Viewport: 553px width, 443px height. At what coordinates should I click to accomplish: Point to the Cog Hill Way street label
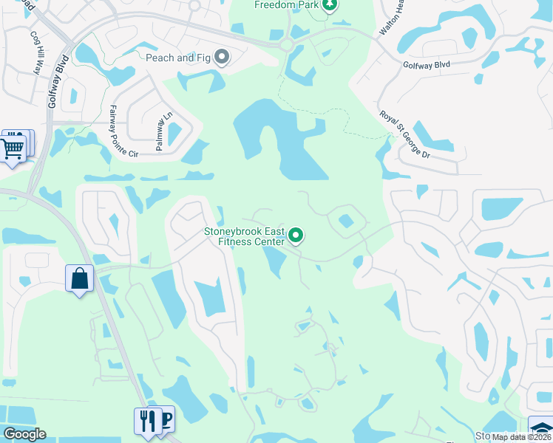point(35,51)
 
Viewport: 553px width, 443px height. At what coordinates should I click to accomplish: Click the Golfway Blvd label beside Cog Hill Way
point(61,81)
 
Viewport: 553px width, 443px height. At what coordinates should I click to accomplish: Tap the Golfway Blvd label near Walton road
point(426,65)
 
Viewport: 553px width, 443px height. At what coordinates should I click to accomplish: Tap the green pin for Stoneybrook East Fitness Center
point(296,236)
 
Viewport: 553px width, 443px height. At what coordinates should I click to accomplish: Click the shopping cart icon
point(13,147)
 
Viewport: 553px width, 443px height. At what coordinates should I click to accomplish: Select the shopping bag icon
point(79,279)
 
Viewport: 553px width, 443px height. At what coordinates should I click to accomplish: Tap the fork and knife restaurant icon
point(147,422)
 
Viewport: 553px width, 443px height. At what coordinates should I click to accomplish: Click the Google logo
point(24,434)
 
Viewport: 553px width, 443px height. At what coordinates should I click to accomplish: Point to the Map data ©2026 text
point(520,437)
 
